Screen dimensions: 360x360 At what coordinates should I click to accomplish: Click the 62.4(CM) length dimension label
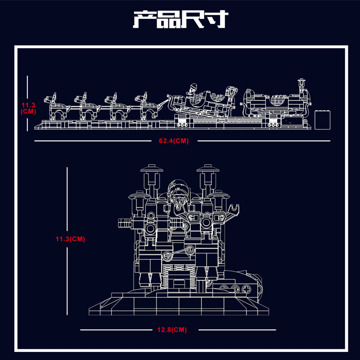[x=174, y=141]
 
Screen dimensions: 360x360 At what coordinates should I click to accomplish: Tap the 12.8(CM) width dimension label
[x=172, y=330]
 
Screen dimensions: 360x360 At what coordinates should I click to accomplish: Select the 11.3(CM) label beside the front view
[x=70, y=239]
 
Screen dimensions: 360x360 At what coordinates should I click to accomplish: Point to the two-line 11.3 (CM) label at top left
[x=28, y=108]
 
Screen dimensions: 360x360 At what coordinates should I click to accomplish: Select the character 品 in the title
[x=168, y=19]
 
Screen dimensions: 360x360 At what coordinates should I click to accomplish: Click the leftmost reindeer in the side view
[x=57, y=107]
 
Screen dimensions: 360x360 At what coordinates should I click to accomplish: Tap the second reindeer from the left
[x=87, y=107]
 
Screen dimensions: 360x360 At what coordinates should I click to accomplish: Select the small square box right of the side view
[x=322, y=120]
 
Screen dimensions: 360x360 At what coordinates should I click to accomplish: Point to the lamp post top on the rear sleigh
[x=301, y=81]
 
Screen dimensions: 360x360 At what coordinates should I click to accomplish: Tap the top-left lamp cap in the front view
[x=152, y=168]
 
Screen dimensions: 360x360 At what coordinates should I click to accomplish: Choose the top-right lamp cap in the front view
[x=208, y=168]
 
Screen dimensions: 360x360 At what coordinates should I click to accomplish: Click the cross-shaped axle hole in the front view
[x=246, y=288]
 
